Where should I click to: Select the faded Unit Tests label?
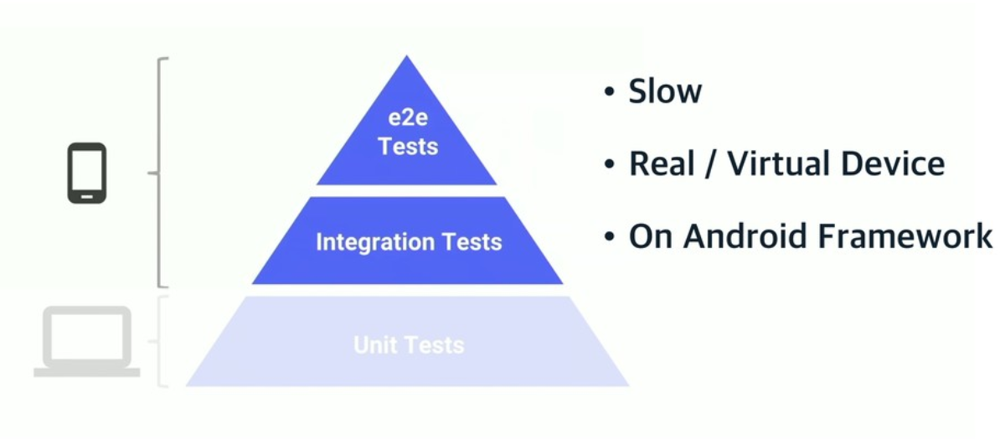[409, 344]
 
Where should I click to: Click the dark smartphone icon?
[87, 173]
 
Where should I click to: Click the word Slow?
[665, 91]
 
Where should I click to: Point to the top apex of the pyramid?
[407, 58]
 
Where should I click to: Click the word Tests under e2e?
[408, 147]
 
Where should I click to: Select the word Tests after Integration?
[473, 242]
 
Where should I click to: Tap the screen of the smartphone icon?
[87, 171]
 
